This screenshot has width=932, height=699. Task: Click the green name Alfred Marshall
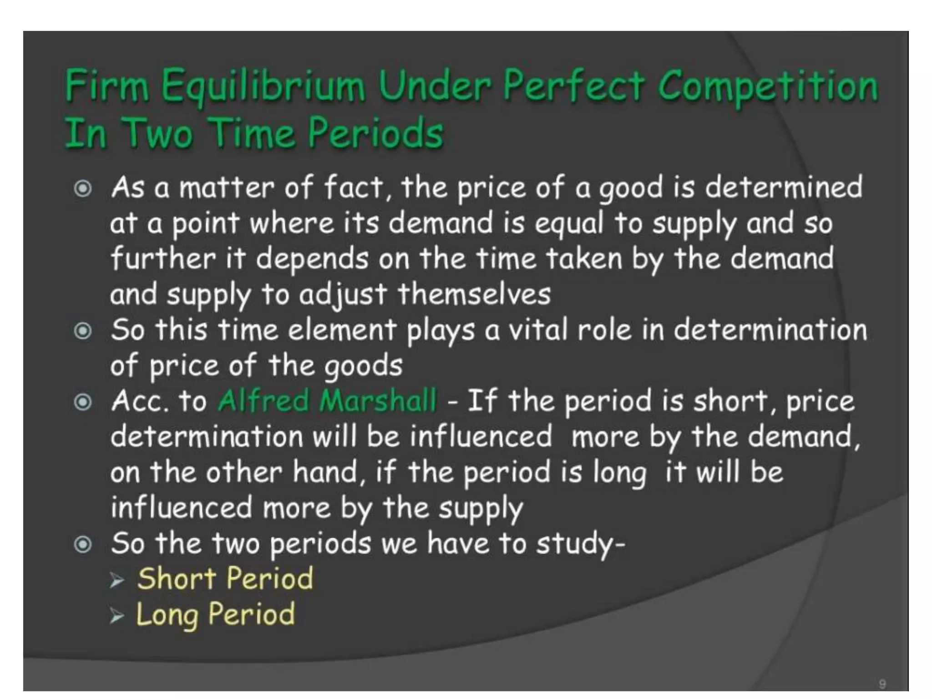click(327, 401)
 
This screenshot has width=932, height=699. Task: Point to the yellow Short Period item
click(225, 578)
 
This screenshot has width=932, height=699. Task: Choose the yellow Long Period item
click(215, 614)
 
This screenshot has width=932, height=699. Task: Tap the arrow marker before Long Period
click(117, 616)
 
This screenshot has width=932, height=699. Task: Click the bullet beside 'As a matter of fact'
click(83, 188)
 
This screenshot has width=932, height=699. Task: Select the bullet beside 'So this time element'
click(83, 331)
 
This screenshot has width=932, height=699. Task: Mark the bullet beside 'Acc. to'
click(83, 402)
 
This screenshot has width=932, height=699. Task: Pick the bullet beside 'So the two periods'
click(83, 544)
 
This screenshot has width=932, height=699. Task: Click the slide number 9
click(882, 684)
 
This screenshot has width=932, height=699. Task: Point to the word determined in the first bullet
click(783, 187)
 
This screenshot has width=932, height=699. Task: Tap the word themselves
click(474, 294)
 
